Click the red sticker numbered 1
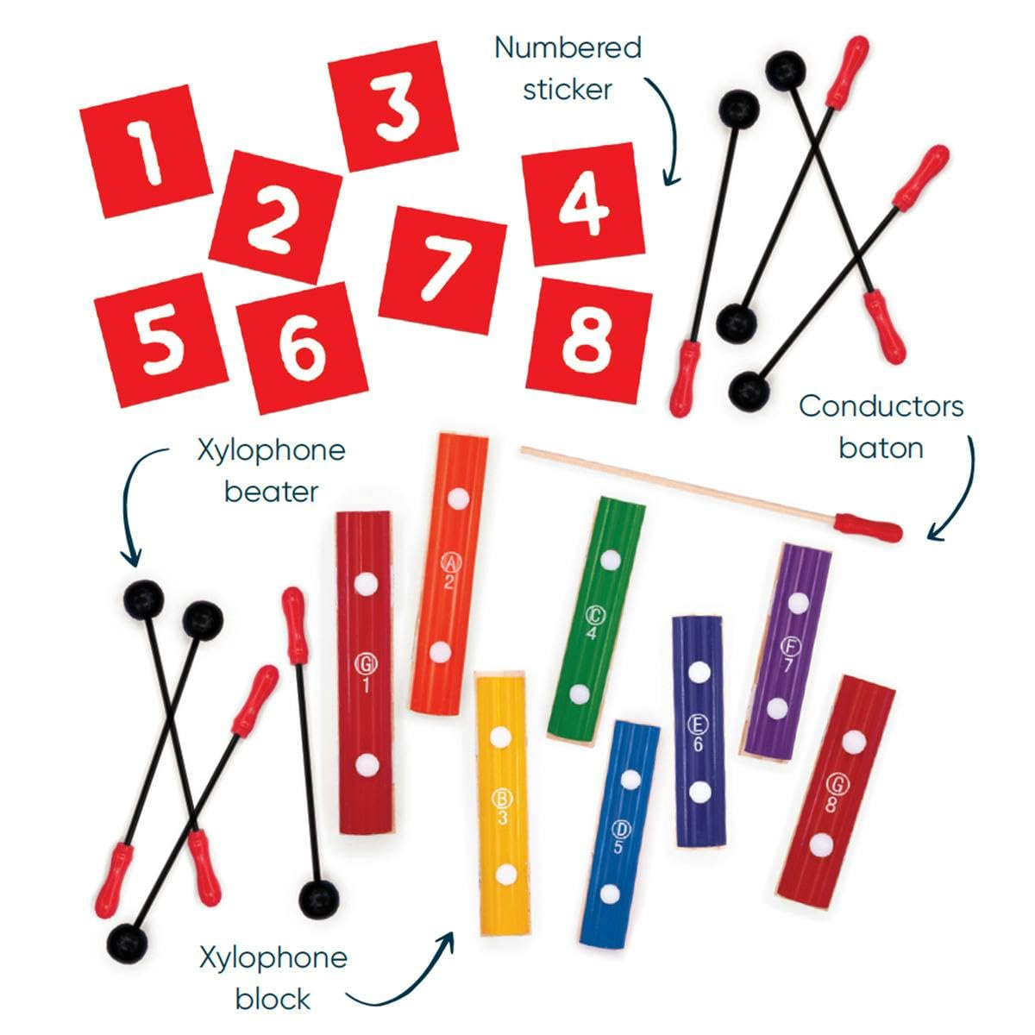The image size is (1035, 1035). coord(146,151)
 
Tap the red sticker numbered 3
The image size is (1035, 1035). coord(392,106)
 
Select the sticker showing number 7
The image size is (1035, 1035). coord(443,270)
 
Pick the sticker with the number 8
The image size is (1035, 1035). coord(589,341)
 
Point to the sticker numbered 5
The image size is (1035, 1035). coord(160,340)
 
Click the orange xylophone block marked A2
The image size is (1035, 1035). coord(449,574)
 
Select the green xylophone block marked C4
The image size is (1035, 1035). coord(596,622)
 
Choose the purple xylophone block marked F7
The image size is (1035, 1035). coord(787,652)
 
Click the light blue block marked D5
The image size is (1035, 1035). coord(619,835)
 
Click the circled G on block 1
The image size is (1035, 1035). coord(366,664)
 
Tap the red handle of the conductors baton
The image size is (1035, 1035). coord(868,528)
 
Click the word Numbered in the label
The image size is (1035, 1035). coord(568,47)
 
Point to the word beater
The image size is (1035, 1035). coord(271,492)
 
